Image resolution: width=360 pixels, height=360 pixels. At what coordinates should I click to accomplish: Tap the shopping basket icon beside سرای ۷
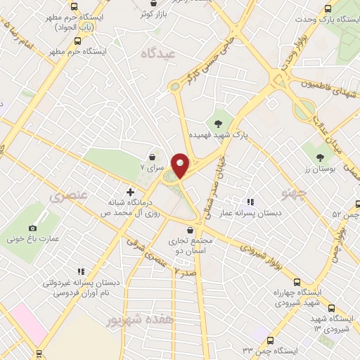click(152, 157)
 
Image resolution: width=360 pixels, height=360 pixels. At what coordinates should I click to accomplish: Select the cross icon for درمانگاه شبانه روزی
click(129, 191)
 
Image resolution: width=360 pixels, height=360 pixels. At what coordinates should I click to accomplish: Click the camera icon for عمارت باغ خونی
click(32, 228)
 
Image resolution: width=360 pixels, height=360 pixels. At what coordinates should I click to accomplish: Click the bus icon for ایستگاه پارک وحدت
click(328, 9)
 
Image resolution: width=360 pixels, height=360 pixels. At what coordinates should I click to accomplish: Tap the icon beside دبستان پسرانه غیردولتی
click(82, 270)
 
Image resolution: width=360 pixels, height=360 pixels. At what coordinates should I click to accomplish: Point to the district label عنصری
click(69, 198)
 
